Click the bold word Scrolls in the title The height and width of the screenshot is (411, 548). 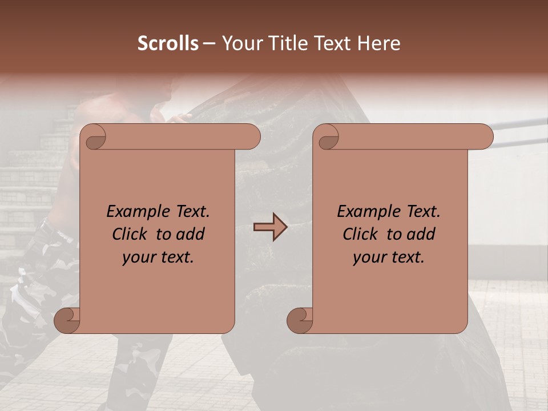[168, 43]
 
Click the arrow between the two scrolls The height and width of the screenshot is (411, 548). [270, 228]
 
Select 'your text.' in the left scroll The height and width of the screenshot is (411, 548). [158, 257]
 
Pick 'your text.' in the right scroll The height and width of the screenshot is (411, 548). [389, 257]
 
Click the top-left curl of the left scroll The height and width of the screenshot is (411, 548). [94, 137]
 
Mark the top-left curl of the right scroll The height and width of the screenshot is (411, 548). [328, 137]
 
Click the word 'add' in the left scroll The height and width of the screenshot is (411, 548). [191, 234]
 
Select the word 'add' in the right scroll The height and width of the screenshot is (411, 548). [422, 234]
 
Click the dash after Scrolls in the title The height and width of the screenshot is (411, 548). [209, 43]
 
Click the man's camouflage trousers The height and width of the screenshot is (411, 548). [34, 297]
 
